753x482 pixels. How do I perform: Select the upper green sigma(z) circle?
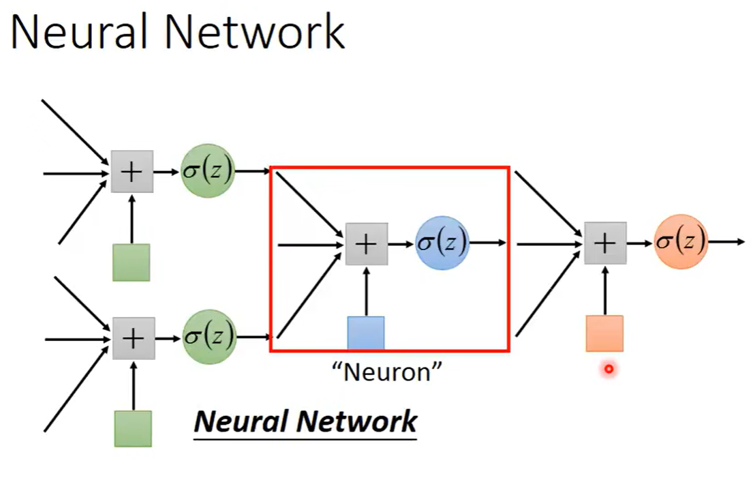click(208, 170)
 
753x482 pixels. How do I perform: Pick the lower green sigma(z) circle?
click(209, 336)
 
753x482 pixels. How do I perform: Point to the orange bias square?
click(604, 333)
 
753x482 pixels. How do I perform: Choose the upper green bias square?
click(131, 262)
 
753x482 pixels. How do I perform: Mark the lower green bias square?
click(133, 428)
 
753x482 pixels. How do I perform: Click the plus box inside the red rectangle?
click(367, 243)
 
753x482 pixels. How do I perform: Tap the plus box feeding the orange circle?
click(605, 243)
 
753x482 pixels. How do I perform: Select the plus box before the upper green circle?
click(132, 172)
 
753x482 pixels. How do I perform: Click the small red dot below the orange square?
click(609, 370)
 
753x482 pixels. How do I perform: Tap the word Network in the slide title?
click(265, 32)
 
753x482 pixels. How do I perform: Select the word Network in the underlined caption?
click(360, 421)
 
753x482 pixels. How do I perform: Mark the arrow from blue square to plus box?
click(367, 291)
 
